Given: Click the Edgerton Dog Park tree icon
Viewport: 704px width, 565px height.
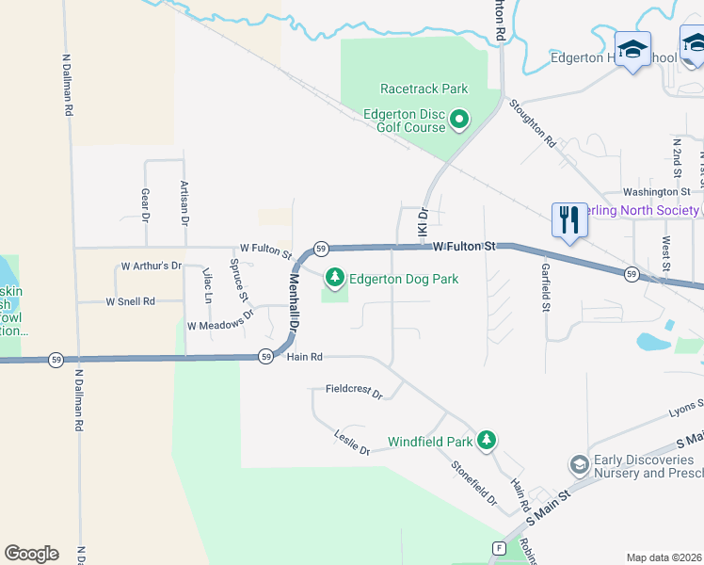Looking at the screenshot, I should [334, 278].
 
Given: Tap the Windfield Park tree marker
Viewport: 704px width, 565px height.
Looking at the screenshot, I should [486, 440].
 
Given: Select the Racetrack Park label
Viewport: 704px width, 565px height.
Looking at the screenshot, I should [424, 89].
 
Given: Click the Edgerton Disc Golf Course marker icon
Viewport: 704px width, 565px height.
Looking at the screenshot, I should [459, 120].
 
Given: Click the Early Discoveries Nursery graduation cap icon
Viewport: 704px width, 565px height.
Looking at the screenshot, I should [579, 465].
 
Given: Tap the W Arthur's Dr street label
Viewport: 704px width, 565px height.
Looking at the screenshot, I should [151, 266].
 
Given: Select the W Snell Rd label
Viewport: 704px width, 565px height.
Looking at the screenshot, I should [130, 301].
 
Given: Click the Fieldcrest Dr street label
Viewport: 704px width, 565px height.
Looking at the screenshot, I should [354, 390].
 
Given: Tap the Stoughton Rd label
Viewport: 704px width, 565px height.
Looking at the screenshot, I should [533, 125].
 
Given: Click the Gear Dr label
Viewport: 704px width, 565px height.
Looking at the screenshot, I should [146, 203].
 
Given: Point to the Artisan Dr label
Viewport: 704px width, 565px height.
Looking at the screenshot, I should [184, 202].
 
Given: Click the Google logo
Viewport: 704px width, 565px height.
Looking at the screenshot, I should [31, 554].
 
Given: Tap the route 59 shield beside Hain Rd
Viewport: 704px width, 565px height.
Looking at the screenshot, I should [266, 356].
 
